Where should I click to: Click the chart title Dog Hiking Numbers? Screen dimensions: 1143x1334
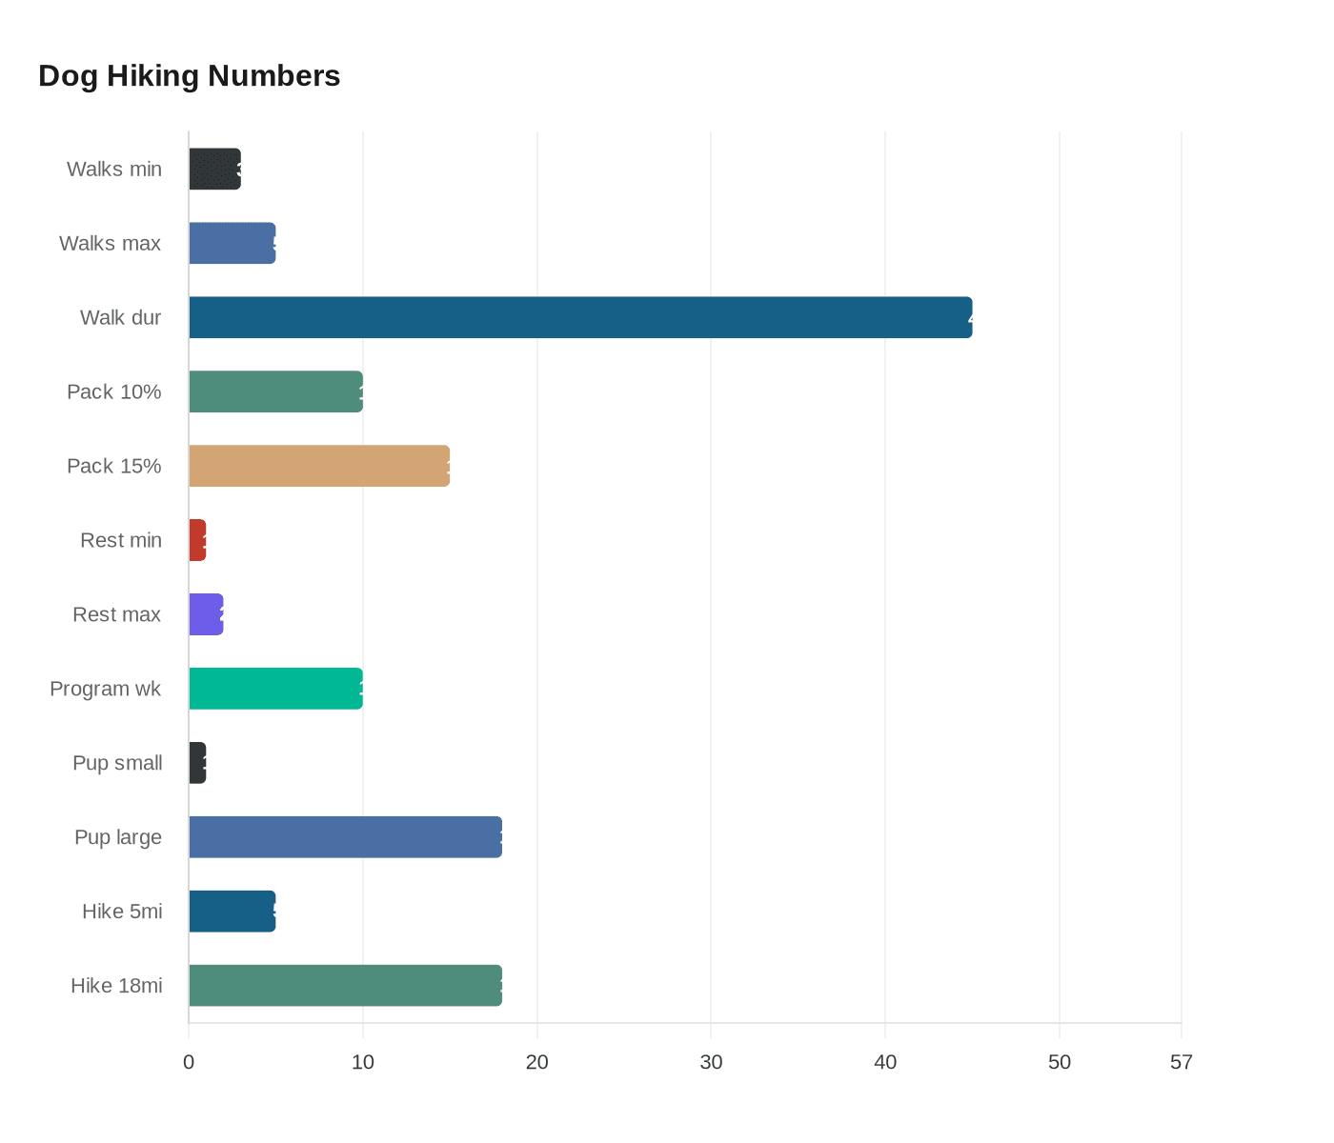(189, 76)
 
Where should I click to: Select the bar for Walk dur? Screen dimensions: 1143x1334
(580, 317)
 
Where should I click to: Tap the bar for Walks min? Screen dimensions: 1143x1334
(214, 170)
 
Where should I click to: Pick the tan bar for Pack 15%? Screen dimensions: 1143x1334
(319, 466)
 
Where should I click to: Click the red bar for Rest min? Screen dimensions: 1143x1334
(197, 540)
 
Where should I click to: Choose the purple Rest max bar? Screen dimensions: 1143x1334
(206, 614)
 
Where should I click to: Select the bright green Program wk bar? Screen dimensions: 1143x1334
(275, 689)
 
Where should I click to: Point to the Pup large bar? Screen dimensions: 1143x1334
(345, 837)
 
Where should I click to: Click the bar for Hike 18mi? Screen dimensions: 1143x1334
(345, 986)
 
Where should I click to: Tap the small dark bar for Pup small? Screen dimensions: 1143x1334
(197, 763)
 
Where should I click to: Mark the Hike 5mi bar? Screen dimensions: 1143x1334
(232, 912)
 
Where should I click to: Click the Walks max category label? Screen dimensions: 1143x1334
(110, 244)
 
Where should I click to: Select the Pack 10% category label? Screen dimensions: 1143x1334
(113, 392)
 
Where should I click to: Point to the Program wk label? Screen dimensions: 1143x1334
(105, 690)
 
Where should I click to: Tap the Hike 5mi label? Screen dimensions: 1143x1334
(122, 912)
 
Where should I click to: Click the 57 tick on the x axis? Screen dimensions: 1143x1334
(1181, 1063)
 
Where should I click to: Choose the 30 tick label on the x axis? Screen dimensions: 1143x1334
(711, 1063)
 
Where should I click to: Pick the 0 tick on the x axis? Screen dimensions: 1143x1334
(189, 1063)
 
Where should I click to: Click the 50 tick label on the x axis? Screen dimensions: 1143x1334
(1059, 1063)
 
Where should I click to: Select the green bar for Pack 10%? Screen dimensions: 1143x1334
(275, 391)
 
